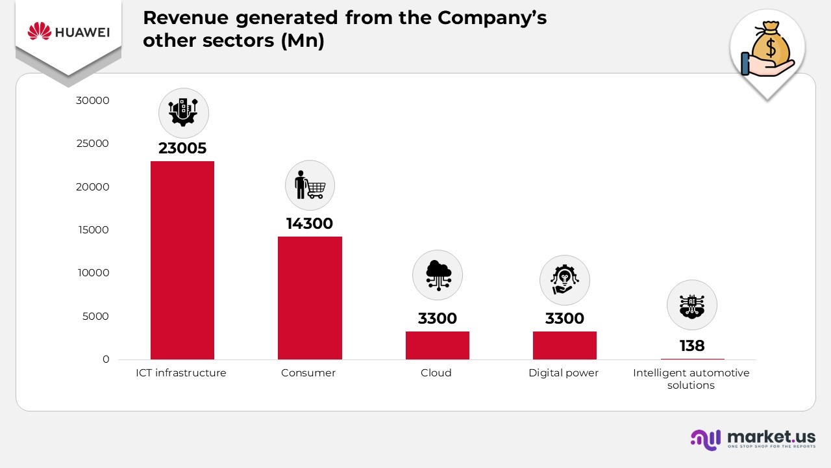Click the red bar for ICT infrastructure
(x=182, y=260)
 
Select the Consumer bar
(x=310, y=298)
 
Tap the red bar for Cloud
(x=437, y=345)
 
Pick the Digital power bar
(x=564, y=345)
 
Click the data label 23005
(x=182, y=148)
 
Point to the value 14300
(x=309, y=224)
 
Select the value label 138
(x=692, y=346)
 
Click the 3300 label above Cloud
(x=437, y=318)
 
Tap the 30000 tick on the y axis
(x=93, y=101)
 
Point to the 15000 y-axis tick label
(x=93, y=230)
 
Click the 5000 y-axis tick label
(x=95, y=317)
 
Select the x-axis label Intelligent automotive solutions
(x=691, y=379)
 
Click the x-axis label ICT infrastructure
(x=181, y=373)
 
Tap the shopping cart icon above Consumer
(x=310, y=185)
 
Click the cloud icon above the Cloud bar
(x=437, y=275)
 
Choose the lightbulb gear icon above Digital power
(x=564, y=280)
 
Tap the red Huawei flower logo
(x=40, y=31)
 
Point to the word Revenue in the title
(x=182, y=18)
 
